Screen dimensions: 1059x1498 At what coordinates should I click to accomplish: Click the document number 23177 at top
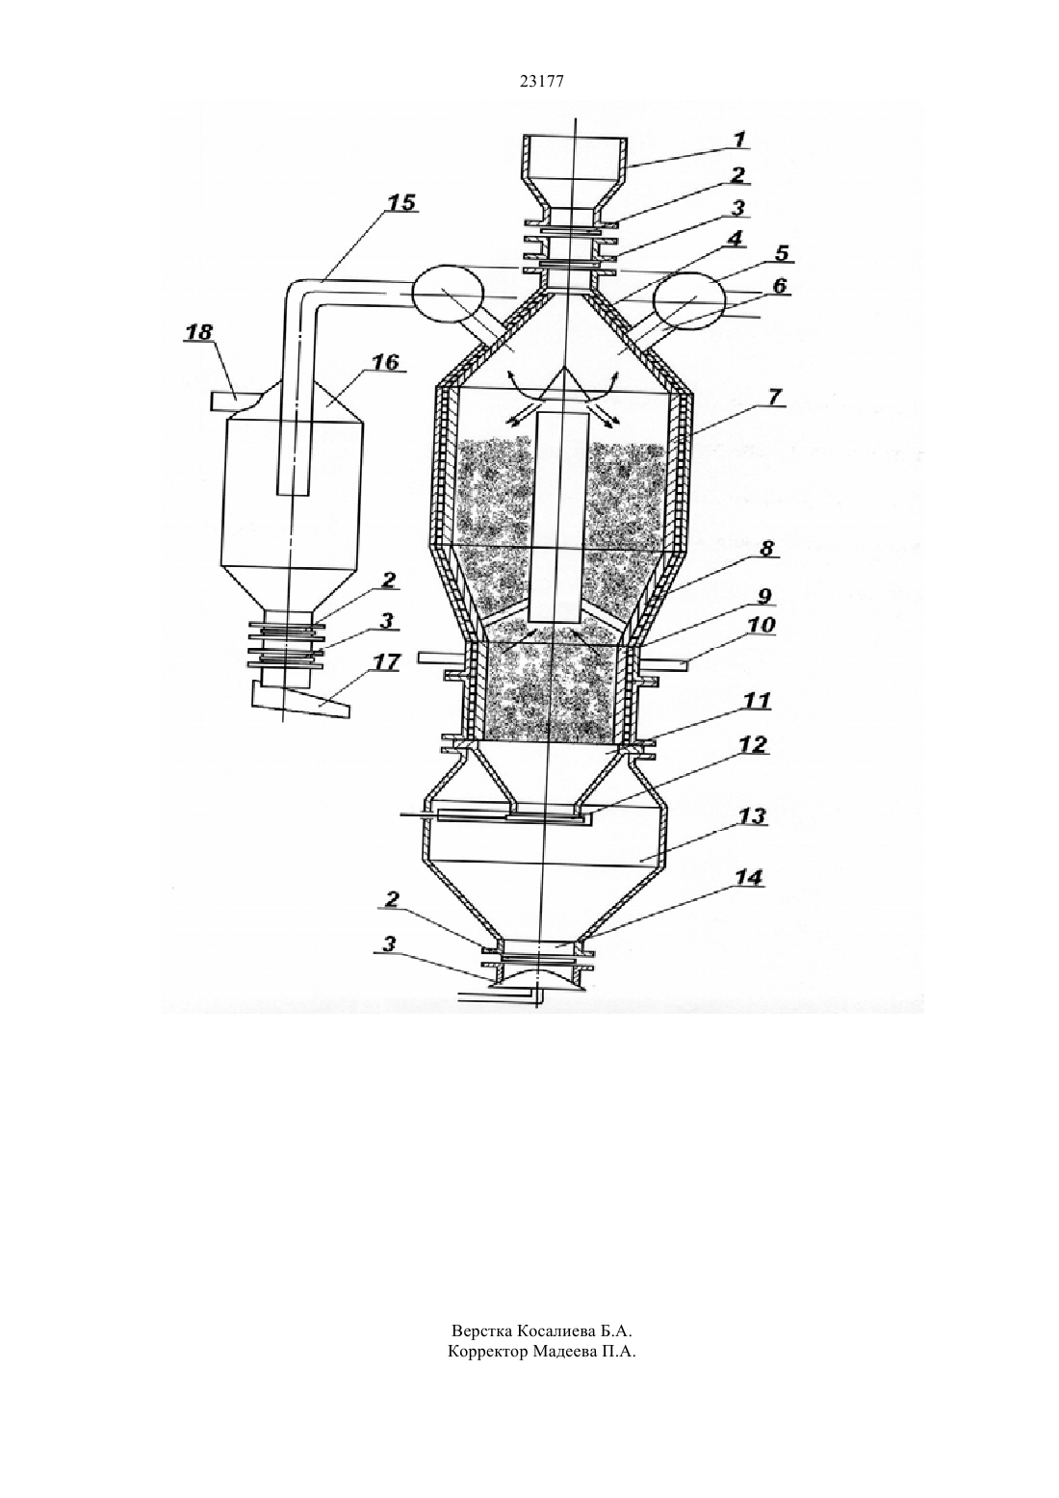(x=541, y=82)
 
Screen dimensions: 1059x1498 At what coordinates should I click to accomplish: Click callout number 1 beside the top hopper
(x=739, y=141)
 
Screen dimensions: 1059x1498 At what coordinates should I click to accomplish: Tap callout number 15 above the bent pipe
(x=401, y=202)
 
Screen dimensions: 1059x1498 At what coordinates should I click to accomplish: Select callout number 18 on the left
(x=198, y=332)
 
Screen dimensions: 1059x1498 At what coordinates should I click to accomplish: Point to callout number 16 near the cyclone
(x=386, y=362)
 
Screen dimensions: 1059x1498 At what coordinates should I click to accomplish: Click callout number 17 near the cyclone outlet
(x=386, y=662)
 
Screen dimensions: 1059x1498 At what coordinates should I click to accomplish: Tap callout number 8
(x=767, y=549)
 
